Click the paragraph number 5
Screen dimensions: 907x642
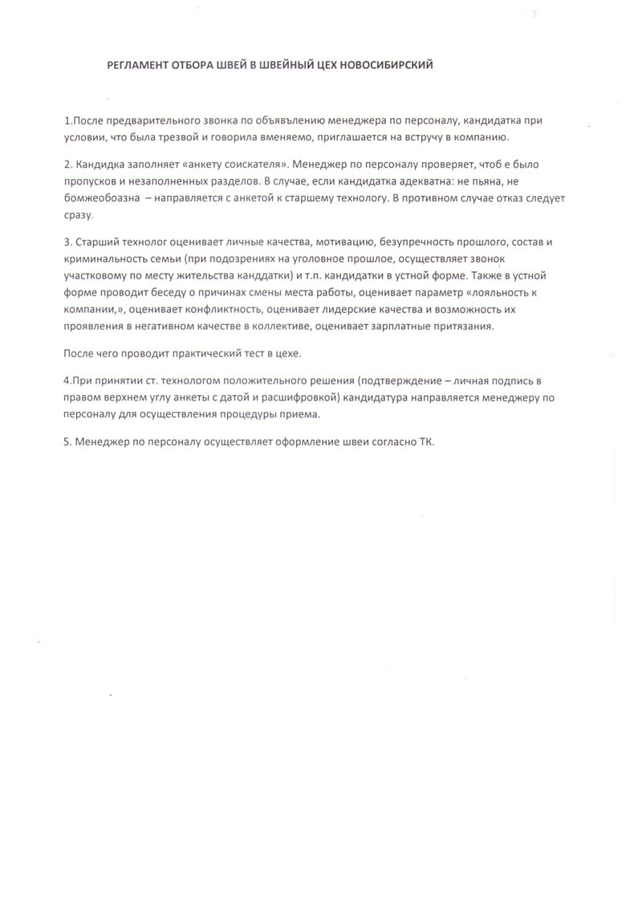[x=67, y=442]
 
